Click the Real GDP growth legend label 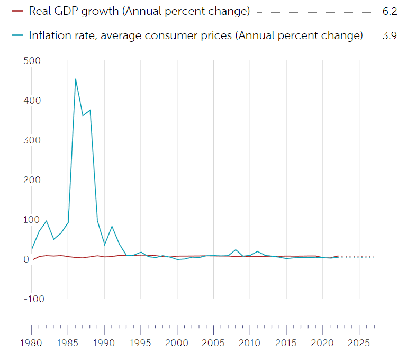(139, 11)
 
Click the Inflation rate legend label (196, 35)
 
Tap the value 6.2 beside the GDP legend (389, 11)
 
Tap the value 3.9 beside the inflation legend (389, 35)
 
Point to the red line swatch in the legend (17, 11)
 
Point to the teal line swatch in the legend (17, 35)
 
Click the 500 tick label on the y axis (33, 61)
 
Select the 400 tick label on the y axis (33, 101)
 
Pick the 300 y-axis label (33, 140)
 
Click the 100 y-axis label (33, 220)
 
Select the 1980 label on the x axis (32, 343)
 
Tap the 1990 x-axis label (104, 343)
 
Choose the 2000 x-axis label (177, 343)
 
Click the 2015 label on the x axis (286, 343)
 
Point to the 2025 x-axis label (359, 343)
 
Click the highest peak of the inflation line (76, 79)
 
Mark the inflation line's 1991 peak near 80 (112, 227)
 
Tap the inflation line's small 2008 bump (236, 249)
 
